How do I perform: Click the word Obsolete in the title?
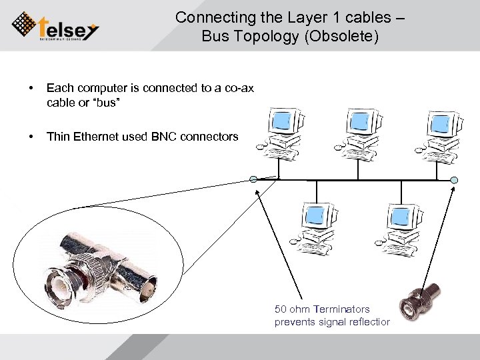[345, 36]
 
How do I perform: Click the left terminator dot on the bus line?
[253, 179]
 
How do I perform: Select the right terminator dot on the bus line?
[454, 179]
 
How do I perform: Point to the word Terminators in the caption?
[341, 309]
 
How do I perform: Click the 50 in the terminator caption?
[281, 309]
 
